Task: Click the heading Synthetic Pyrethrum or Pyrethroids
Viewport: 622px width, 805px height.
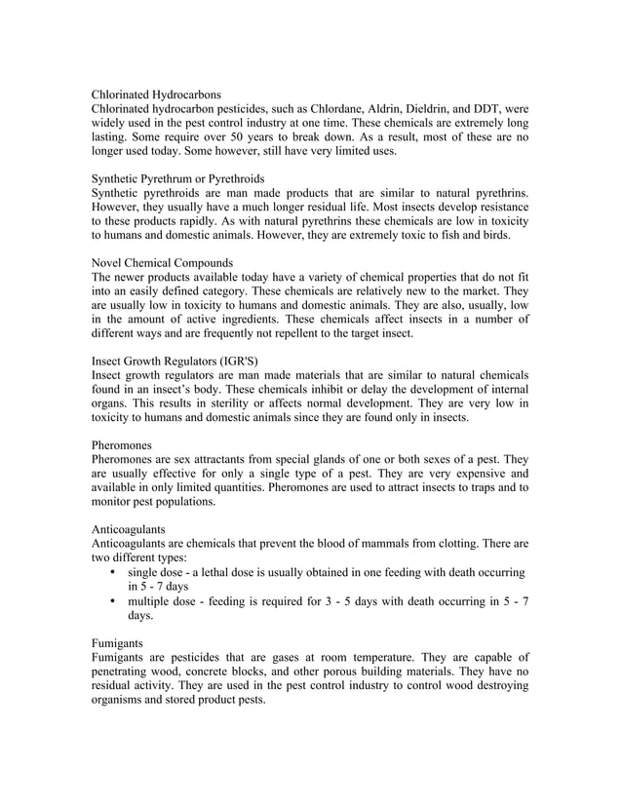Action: pyautogui.click(x=177, y=179)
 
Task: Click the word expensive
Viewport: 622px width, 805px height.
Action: pyautogui.click(x=453, y=474)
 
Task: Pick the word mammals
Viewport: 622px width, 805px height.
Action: pyautogui.click(x=395, y=543)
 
